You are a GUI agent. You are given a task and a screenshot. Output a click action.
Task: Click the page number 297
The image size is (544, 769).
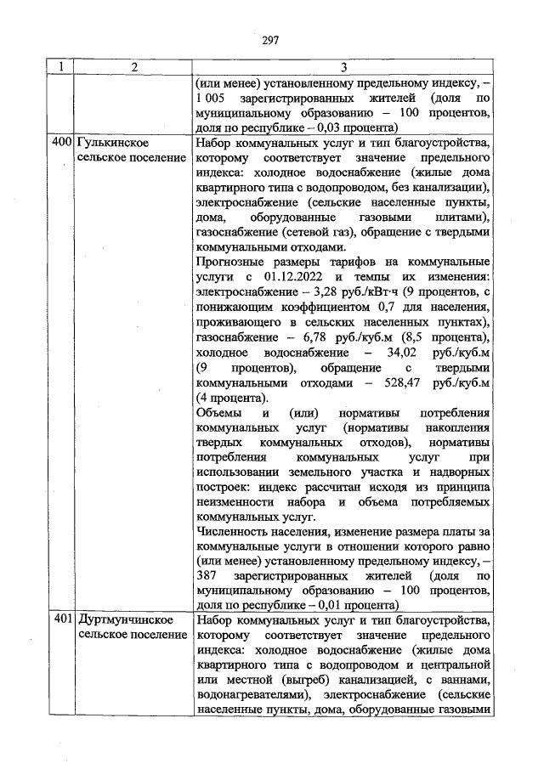pyautogui.click(x=271, y=40)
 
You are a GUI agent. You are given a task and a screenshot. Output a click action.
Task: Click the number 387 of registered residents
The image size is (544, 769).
pyautogui.click(x=207, y=574)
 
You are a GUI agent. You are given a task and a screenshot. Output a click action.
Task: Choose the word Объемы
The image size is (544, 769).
pyautogui.click(x=217, y=414)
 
